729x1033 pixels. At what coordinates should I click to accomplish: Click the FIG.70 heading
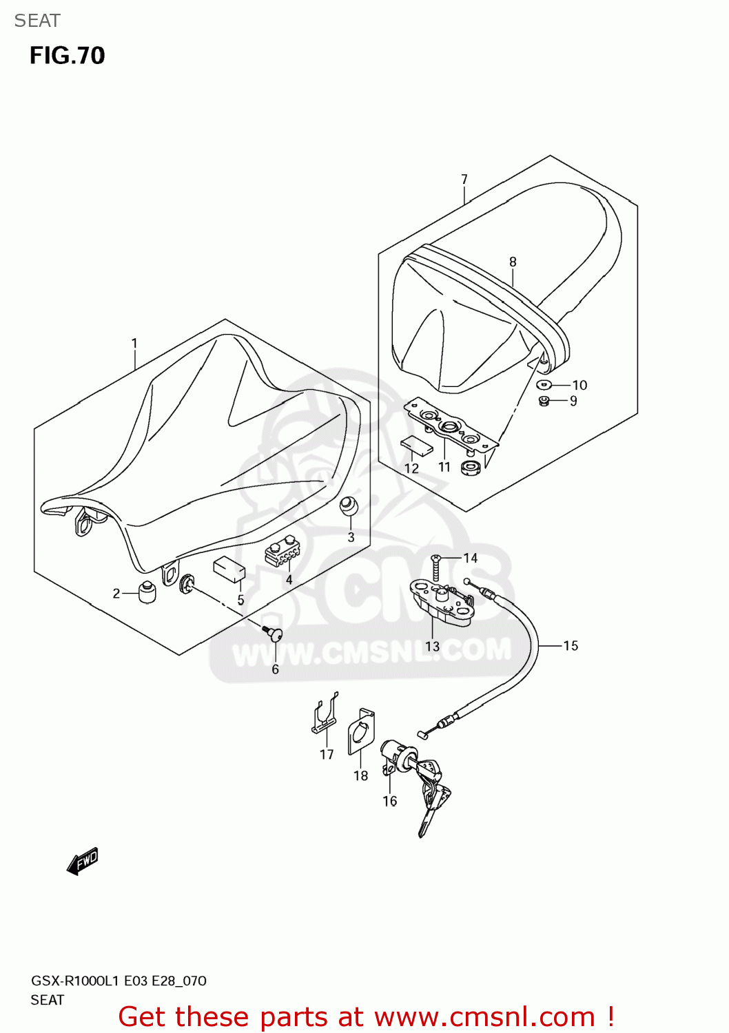[67, 56]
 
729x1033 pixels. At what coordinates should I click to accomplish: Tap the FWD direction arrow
[83, 862]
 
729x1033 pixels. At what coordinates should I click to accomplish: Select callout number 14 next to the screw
[471, 558]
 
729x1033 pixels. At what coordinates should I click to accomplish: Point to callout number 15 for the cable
[571, 645]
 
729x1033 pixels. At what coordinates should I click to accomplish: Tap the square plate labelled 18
[360, 733]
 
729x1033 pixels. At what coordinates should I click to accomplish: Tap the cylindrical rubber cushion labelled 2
[147, 592]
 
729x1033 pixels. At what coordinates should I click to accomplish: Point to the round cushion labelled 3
[349, 506]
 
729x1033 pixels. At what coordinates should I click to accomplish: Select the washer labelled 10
[544, 384]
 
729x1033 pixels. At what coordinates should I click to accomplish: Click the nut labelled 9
[543, 401]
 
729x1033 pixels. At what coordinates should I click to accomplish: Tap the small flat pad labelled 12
[416, 446]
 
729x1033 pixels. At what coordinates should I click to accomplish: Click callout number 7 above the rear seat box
[464, 179]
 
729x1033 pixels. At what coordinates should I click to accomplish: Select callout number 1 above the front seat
[134, 343]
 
